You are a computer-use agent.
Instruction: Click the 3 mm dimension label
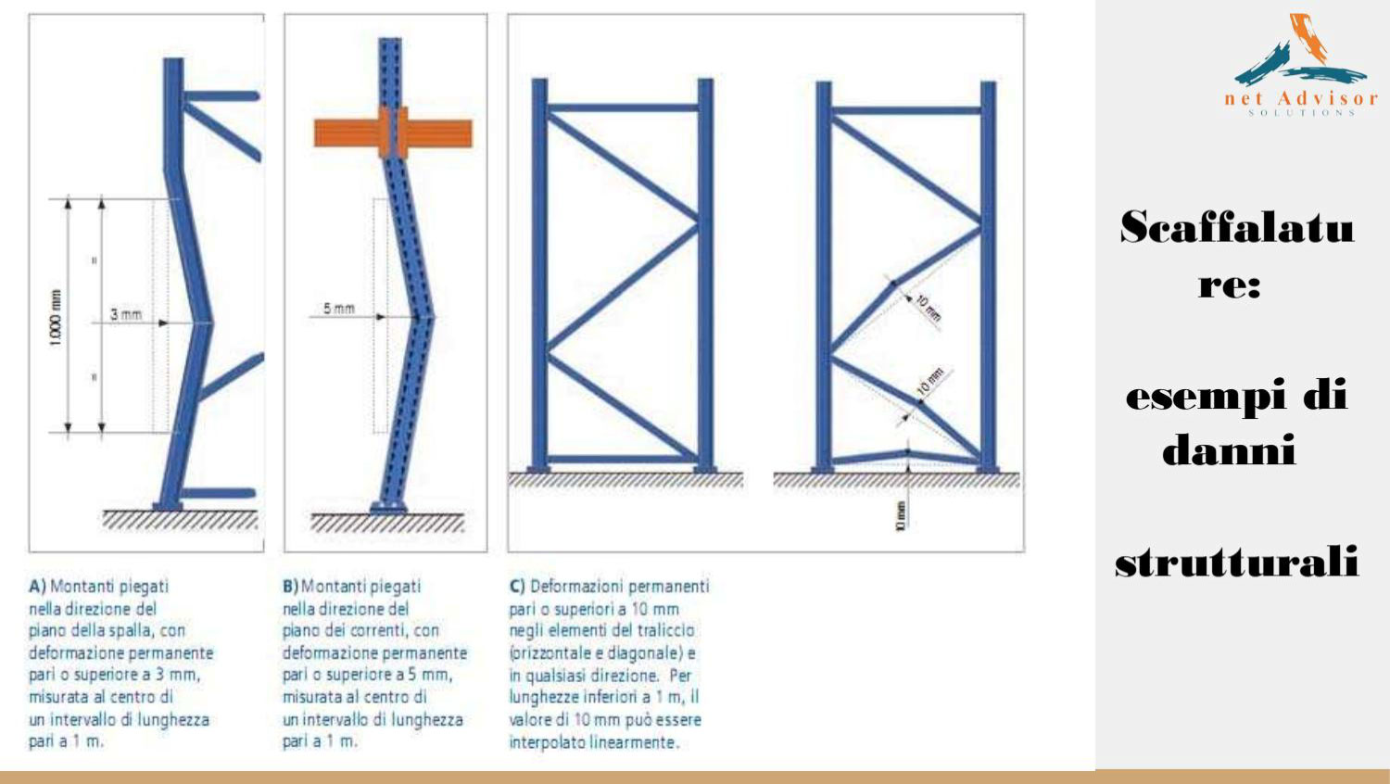pyautogui.click(x=126, y=315)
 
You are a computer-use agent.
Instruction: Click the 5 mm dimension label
pyautogui.click(x=339, y=309)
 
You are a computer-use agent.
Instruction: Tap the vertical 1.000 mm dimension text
pyautogui.click(x=56, y=318)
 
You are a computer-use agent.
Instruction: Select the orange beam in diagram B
pyautogui.click(x=393, y=133)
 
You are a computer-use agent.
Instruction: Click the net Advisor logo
pyautogui.click(x=1301, y=65)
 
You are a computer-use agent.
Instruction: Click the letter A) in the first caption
pyautogui.click(x=37, y=587)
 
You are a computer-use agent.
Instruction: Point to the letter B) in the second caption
pyautogui.click(x=290, y=587)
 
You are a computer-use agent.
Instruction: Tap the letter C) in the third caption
pyautogui.click(x=517, y=587)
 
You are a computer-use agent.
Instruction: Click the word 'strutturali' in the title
pyautogui.click(x=1237, y=562)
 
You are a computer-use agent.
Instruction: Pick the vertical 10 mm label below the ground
pyautogui.click(x=901, y=516)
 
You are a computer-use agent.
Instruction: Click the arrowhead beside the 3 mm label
pyautogui.click(x=163, y=322)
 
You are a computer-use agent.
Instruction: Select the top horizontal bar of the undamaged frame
pyautogui.click(x=623, y=108)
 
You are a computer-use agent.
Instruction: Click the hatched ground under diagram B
pyautogui.click(x=387, y=524)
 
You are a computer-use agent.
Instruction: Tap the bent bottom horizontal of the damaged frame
pyautogui.click(x=906, y=456)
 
